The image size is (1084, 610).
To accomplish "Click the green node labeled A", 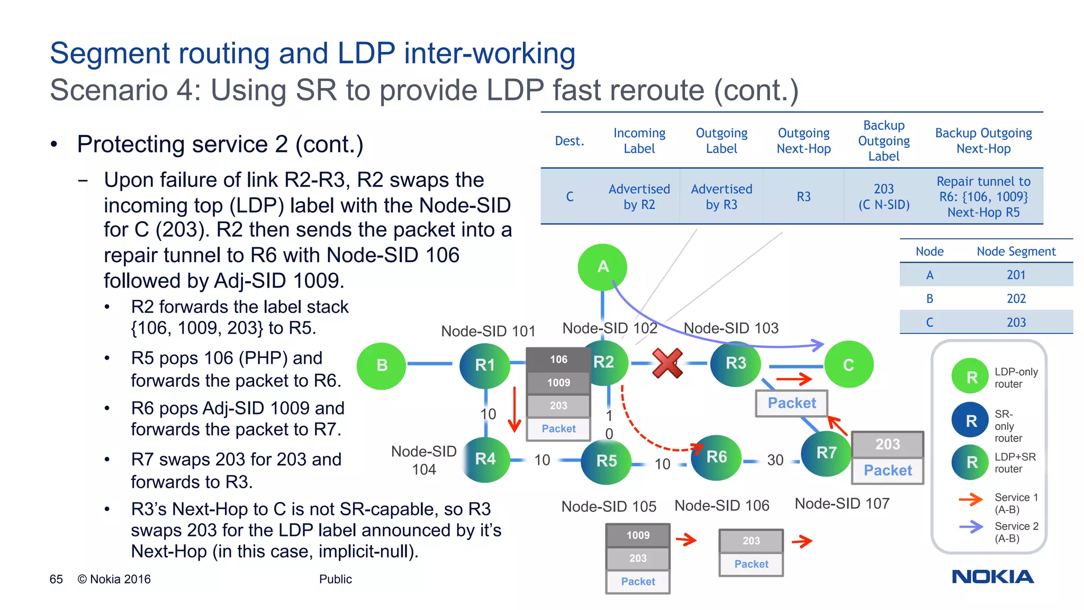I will point(602,267).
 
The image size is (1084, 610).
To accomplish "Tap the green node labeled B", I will point(381,365).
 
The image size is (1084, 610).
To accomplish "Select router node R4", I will point(485,459).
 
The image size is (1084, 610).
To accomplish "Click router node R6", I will point(716,457).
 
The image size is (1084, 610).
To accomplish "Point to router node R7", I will point(826,453).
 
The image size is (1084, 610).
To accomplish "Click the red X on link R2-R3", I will point(667,363).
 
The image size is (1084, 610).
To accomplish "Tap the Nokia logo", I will point(992,577).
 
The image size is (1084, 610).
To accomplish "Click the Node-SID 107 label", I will point(842,504).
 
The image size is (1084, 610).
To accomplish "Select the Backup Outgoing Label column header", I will point(883,141).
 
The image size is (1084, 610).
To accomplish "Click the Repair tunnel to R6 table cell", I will point(983,197).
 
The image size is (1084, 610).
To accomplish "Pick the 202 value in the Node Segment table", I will point(1016,299).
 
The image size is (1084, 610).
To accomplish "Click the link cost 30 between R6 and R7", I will point(775,460).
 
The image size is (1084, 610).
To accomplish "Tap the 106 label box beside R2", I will point(558,360).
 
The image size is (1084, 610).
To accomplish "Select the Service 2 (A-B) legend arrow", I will point(971,527).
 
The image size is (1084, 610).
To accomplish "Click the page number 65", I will point(56,579).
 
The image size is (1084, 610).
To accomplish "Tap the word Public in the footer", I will point(335,579).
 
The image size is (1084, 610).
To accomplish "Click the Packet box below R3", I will point(791,403).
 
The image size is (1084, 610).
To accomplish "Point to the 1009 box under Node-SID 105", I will point(638,535).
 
